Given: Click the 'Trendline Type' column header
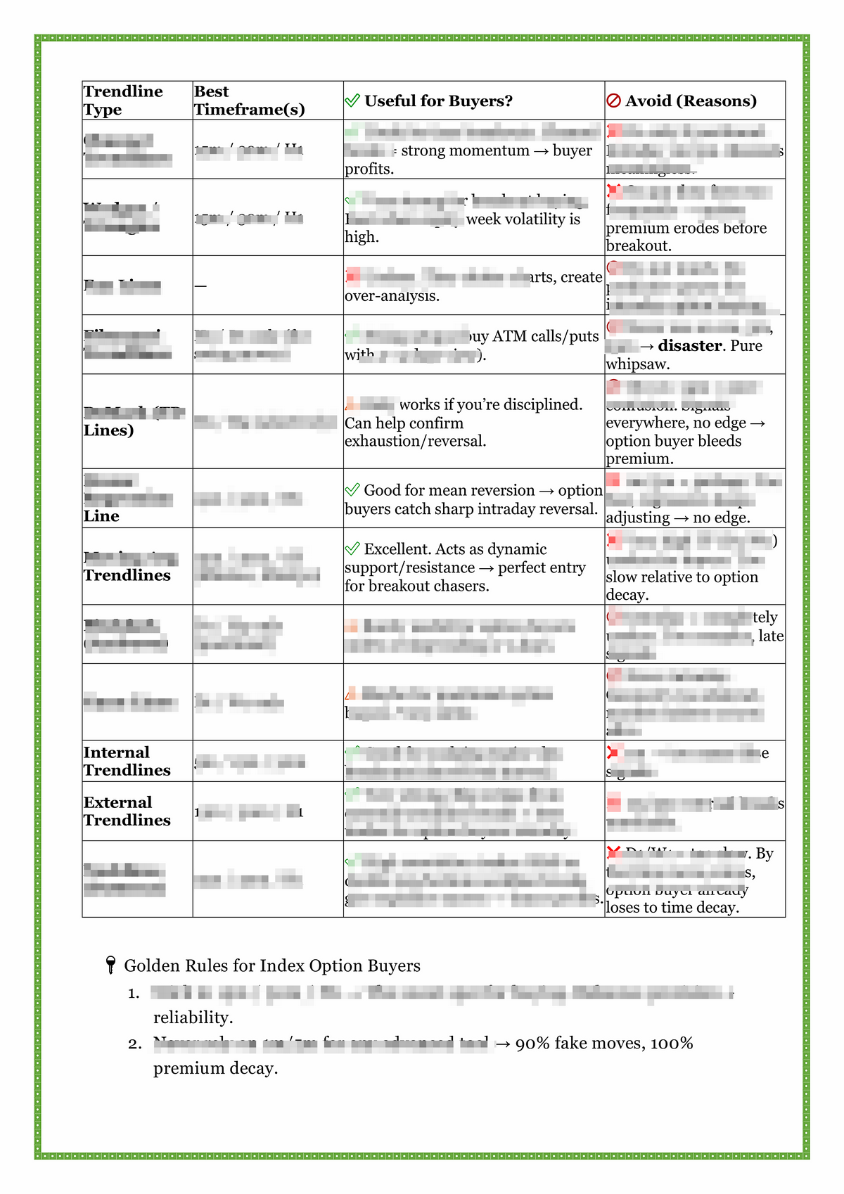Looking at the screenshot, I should pos(123,101).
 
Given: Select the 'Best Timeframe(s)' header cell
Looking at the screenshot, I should pos(249,101).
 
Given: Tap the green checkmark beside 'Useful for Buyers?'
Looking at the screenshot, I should pos(352,101).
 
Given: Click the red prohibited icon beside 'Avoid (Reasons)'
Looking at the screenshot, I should pos(613,101).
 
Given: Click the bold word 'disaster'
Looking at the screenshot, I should pos(690,346).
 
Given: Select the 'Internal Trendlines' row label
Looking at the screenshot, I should pos(127,762).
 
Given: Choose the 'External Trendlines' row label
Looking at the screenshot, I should pos(127,811).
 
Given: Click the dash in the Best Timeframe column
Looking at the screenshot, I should pos(200,285).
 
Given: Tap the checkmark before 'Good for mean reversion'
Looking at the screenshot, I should pos(352,490).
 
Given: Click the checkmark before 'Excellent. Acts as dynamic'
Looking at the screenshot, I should pos(352,549).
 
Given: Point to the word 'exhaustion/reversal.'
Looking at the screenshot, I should pos(415,442).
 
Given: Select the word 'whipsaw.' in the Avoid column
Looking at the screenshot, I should pos(638,364).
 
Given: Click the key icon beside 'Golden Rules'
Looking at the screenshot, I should pos(110,965).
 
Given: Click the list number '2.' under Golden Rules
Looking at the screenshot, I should pos(135,1044).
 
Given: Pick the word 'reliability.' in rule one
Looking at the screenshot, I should pos(193,1018).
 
